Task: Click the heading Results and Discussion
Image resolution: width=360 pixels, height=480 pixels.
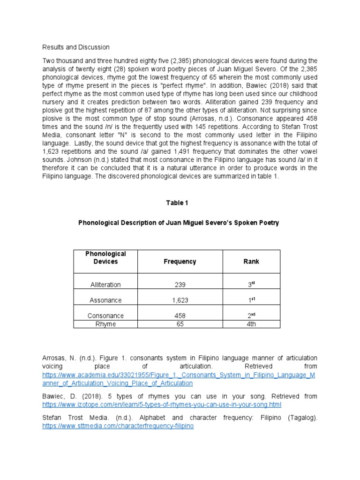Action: click(76, 47)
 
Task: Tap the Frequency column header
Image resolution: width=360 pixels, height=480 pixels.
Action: click(180, 262)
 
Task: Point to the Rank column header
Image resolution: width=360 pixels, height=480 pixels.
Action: click(251, 262)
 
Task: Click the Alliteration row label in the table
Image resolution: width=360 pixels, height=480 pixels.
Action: click(105, 285)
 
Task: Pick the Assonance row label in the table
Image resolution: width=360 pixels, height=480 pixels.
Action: click(105, 300)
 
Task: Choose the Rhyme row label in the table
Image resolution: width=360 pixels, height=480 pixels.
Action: click(105, 324)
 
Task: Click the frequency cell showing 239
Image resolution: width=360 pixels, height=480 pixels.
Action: click(180, 285)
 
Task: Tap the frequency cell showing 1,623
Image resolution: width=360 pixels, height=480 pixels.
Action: click(180, 300)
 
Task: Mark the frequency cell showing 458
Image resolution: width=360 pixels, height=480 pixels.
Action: click(180, 316)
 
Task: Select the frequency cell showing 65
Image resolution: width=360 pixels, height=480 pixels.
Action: click(180, 324)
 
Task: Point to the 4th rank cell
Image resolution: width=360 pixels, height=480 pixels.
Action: click(251, 324)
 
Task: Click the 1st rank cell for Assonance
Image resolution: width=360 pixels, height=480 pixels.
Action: click(251, 300)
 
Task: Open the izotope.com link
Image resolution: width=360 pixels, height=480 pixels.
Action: click(162, 404)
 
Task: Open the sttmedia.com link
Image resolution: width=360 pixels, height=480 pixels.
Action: click(118, 426)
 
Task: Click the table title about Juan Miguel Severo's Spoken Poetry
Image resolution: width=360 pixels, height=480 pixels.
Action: click(178, 223)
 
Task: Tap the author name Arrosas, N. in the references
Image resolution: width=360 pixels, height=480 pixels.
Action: click(59, 358)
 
